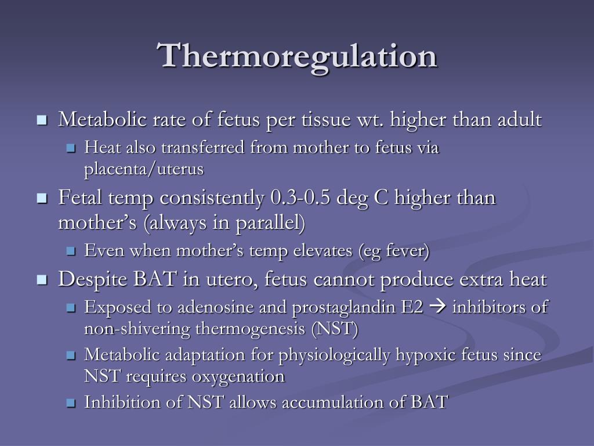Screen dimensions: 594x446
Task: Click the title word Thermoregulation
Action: click(x=298, y=57)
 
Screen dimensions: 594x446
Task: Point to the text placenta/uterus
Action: click(x=144, y=169)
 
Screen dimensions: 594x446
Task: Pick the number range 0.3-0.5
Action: click(x=301, y=197)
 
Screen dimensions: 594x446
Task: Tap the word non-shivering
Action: click(x=137, y=329)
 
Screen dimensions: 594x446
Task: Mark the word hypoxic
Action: click(x=426, y=355)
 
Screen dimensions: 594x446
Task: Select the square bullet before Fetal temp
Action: click(x=42, y=199)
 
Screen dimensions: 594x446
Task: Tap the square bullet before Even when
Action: click(x=71, y=251)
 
